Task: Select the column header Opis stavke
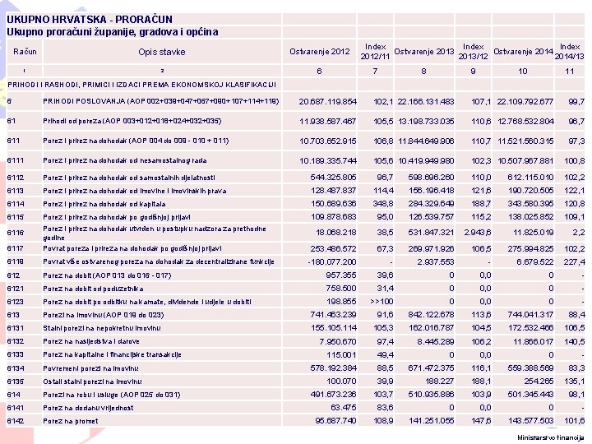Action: [161, 52]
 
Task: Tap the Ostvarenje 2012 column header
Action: [319, 52]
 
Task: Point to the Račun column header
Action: [25, 52]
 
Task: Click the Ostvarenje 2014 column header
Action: [523, 52]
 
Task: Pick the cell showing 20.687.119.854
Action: [327, 101]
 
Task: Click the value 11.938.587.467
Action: [327, 121]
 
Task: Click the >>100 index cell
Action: [381, 302]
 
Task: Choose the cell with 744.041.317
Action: [526, 314]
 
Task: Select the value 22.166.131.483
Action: [424, 101]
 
